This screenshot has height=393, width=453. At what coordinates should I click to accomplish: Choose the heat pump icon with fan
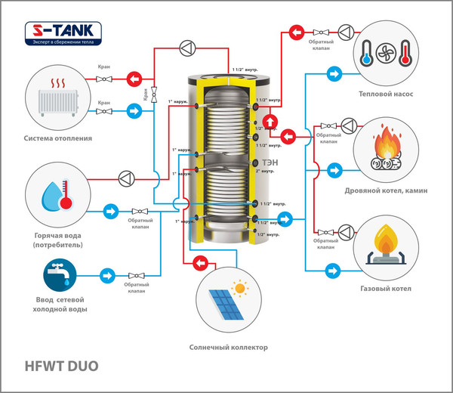[385, 56]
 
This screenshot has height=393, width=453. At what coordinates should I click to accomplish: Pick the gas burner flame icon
[386, 243]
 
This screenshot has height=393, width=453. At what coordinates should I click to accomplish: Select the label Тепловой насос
[385, 96]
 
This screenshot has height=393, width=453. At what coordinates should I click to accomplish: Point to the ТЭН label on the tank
[269, 162]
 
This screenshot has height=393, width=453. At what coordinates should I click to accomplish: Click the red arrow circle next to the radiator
[134, 78]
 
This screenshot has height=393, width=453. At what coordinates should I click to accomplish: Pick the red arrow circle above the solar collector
[201, 262]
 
